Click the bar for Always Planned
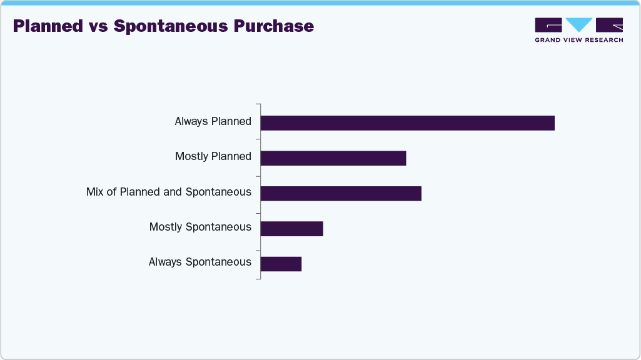(407, 123)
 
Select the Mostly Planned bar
(333, 158)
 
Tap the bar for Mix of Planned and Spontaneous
(341, 193)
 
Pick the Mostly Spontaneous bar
(291, 229)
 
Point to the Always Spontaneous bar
(281, 264)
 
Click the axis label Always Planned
(213, 121)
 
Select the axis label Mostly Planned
(213, 156)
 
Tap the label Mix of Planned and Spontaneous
(168, 192)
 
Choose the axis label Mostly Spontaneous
(200, 227)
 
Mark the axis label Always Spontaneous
(199, 262)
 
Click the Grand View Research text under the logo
(578, 40)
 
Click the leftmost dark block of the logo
(548, 25)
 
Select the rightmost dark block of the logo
(609, 25)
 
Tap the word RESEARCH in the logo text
(603, 40)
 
